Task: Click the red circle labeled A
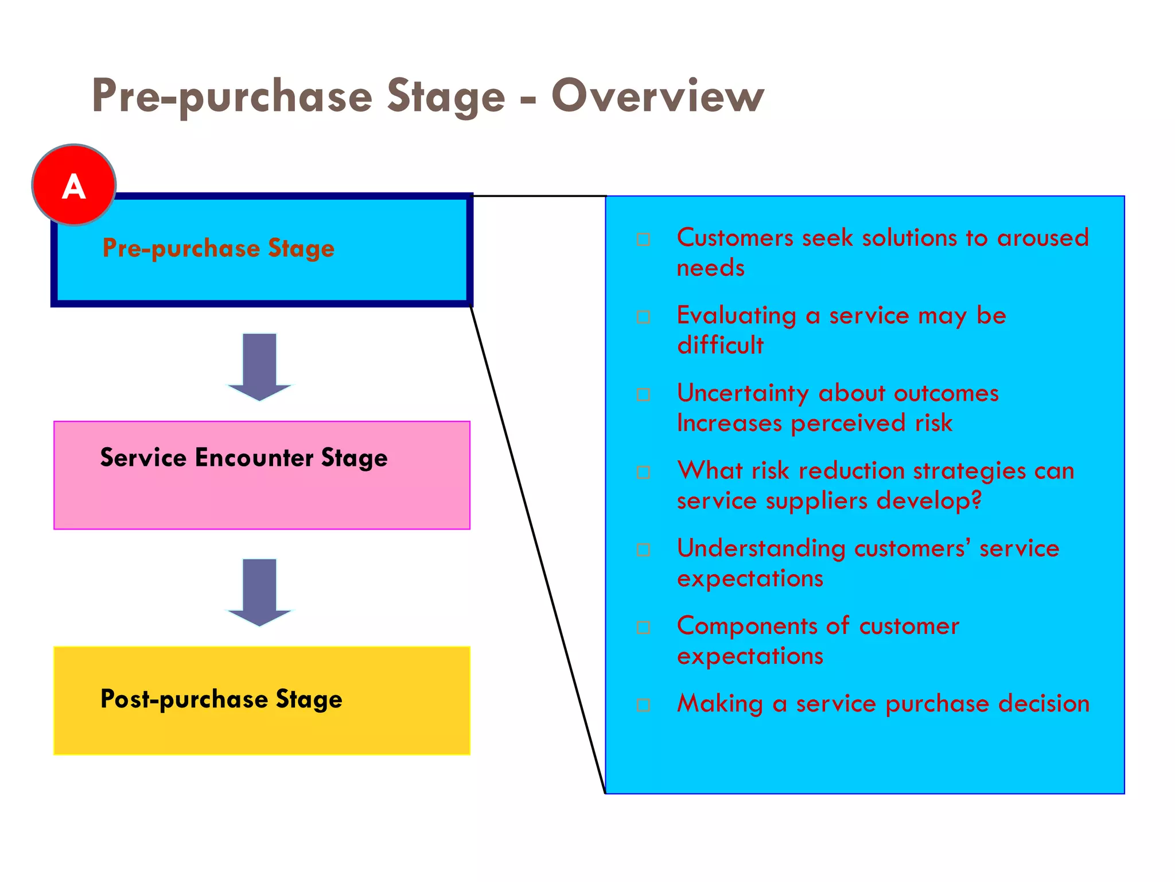pyautogui.click(x=74, y=185)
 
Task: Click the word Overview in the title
pyautogui.click(x=657, y=96)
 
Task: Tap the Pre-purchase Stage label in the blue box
pyautogui.click(x=219, y=248)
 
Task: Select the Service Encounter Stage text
pyautogui.click(x=244, y=458)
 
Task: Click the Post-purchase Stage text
pyautogui.click(x=221, y=699)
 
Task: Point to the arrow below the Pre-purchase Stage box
pyautogui.click(x=259, y=366)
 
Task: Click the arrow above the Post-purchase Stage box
pyautogui.click(x=259, y=591)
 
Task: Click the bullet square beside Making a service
pyautogui.click(x=644, y=705)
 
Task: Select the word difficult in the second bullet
pyautogui.click(x=721, y=345)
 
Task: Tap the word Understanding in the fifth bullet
pyautogui.click(x=761, y=548)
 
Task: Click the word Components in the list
pyautogui.click(x=755, y=625)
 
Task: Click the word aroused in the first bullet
pyautogui.click(x=1042, y=238)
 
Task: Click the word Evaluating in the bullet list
pyautogui.click(x=737, y=315)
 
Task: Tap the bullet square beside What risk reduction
pyautogui.click(x=644, y=472)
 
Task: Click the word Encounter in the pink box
pyautogui.click(x=254, y=458)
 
